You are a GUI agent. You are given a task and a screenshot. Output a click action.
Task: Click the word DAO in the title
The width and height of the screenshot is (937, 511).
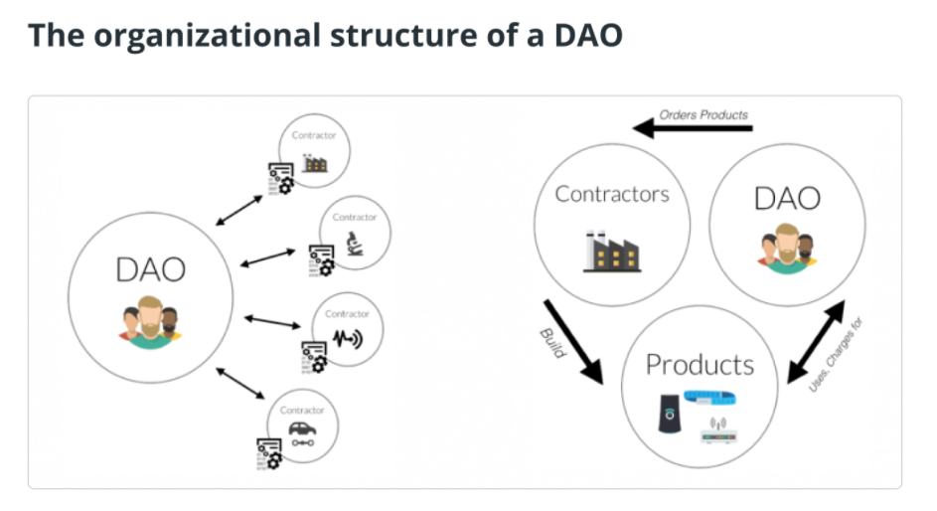point(588,35)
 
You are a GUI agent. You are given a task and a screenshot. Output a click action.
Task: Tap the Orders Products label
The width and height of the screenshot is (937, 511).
point(703,114)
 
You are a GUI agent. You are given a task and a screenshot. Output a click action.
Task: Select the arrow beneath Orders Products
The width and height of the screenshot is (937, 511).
point(693,128)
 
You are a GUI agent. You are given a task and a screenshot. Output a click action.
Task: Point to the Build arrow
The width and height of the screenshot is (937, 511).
point(573,342)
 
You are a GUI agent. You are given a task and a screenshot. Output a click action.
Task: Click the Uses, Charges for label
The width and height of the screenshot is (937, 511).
point(836,355)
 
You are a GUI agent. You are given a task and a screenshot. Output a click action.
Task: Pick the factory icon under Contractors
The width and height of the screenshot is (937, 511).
point(612,251)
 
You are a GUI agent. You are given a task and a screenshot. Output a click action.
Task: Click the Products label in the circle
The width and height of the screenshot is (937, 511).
point(700,365)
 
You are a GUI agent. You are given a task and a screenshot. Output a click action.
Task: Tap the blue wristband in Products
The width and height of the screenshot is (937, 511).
point(709,397)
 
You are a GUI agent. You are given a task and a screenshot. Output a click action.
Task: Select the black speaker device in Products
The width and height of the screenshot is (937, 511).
point(670,413)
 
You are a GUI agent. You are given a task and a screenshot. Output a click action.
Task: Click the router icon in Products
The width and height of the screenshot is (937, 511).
point(718,430)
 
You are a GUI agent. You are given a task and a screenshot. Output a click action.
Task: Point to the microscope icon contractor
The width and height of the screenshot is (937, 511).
point(355,244)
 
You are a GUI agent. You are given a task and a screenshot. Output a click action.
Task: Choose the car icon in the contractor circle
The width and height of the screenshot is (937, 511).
point(302,433)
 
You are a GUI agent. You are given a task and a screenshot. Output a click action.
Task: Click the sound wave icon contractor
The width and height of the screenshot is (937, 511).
point(347,339)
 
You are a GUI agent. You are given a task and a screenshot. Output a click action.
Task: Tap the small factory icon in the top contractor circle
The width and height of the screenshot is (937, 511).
point(314,163)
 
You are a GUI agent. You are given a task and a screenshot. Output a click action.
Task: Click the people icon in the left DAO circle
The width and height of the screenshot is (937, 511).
point(150,323)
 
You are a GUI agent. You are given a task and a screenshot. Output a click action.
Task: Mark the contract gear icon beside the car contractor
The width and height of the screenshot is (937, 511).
point(269,454)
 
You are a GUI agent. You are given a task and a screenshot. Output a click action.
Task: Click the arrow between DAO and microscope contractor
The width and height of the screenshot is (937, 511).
point(267,257)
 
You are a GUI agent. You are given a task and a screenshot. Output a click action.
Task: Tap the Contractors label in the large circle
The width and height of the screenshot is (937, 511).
point(612,194)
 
